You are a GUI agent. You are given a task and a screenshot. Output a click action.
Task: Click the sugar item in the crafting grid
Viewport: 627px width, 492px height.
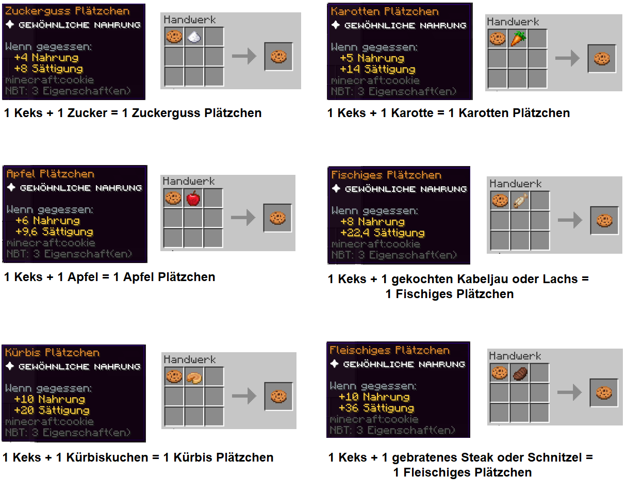(x=194, y=37)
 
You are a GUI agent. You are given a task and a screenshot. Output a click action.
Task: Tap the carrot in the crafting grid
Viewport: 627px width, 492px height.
(x=518, y=39)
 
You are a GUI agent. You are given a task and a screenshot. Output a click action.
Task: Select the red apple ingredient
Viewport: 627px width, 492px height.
(x=193, y=198)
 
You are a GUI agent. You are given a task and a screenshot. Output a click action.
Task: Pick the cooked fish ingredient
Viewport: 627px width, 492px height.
(x=521, y=201)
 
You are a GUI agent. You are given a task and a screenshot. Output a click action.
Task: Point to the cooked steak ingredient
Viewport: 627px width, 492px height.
(x=520, y=374)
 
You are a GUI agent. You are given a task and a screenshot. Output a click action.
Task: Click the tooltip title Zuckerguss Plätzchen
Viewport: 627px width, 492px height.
(x=68, y=11)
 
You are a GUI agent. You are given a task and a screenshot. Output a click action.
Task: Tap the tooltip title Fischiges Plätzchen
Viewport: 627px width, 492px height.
(x=386, y=175)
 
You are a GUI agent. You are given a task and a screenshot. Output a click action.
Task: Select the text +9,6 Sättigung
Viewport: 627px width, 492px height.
(x=54, y=232)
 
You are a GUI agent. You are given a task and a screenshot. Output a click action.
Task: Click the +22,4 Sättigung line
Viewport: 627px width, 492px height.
(x=382, y=233)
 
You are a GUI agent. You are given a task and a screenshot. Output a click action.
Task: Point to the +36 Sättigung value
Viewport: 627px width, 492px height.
(x=376, y=408)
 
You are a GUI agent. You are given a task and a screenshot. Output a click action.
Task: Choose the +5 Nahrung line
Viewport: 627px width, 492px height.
(x=372, y=58)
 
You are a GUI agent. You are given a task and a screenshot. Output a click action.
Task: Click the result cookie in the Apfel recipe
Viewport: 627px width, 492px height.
(x=277, y=218)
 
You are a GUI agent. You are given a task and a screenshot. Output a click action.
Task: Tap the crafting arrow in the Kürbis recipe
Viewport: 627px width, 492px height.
(x=244, y=396)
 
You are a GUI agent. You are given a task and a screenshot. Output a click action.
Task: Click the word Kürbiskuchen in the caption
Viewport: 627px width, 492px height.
(x=107, y=457)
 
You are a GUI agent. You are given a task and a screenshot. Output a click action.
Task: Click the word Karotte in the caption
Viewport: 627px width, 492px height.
(x=412, y=113)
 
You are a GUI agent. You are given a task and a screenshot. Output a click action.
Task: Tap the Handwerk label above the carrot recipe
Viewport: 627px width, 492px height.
(x=513, y=22)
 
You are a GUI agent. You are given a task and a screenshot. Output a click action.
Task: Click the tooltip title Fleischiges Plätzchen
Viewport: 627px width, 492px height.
(x=389, y=350)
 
